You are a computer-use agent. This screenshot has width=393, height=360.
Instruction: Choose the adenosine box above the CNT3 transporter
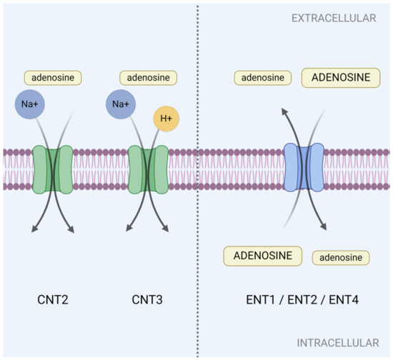point(147,77)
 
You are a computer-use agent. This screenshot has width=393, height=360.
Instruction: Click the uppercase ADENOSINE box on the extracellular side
point(341,77)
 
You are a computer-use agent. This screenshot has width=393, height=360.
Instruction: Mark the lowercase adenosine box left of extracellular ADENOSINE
point(263,77)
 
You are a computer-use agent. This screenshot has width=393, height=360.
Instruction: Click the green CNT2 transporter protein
point(53,169)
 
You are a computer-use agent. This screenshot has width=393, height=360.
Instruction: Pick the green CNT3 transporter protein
point(148,169)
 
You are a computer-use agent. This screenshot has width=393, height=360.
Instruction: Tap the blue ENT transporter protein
point(304,169)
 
